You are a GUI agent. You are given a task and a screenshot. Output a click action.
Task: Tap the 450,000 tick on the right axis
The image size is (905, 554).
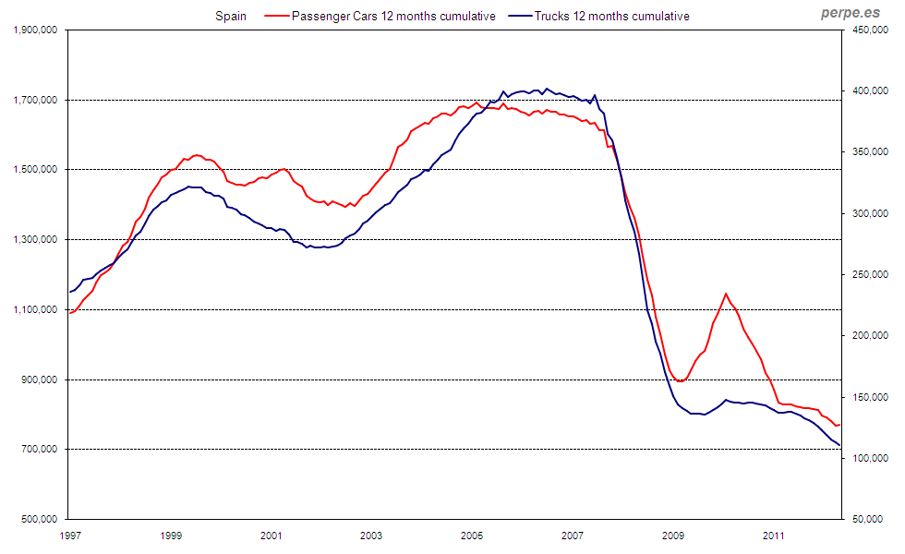point(869,30)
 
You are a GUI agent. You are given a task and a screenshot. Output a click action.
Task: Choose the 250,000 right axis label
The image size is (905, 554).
point(869,275)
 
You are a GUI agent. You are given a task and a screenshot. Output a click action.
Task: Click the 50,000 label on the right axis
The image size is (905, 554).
point(872,519)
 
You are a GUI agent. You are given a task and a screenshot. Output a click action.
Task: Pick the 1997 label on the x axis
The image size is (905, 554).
point(69,535)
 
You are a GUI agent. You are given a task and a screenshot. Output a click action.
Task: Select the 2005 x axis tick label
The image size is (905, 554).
point(472,535)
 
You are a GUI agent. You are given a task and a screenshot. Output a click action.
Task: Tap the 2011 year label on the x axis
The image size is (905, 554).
point(774,535)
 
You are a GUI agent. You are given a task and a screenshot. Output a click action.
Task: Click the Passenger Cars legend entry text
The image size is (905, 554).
point(393,16)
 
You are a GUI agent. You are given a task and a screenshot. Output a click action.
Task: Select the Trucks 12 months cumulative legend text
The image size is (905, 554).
point(612,16)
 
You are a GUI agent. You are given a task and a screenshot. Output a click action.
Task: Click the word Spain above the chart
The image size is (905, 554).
point(230,16)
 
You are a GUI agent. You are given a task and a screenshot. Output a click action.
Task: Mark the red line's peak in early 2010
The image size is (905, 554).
point(726,294)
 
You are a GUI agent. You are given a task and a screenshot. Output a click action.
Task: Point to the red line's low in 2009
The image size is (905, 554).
point(681,381)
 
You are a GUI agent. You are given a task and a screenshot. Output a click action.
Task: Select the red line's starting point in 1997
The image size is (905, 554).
point(70,313)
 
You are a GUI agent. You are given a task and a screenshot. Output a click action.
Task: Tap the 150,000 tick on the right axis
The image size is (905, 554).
point(869,397)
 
